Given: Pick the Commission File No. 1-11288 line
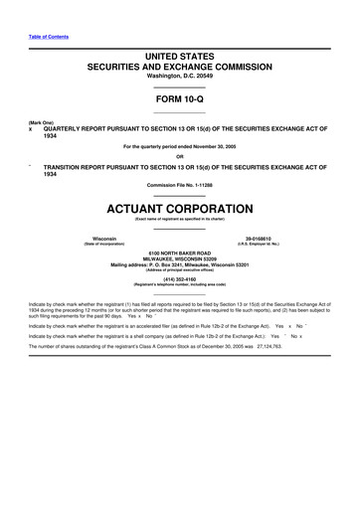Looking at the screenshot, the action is click(x=180, y=186).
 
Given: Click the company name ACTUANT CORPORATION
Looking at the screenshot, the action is click(x=180, y=209).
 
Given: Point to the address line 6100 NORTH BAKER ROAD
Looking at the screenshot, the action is click(x=180, y=255).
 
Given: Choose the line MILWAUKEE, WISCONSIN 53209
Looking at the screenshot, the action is click(x=180, y=262).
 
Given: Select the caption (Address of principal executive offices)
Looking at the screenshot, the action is click(x=180, y=272).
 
